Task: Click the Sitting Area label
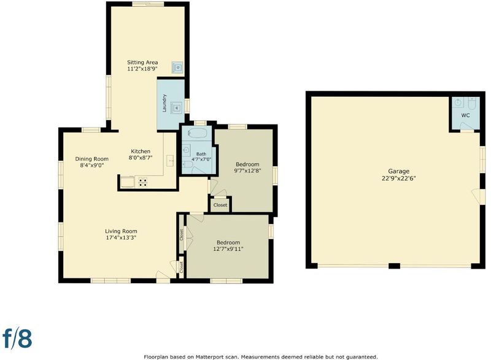tap(142, 62)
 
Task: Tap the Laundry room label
tap(164, 103)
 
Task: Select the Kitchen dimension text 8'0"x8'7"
tap(141, 158)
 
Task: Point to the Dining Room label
tap(91, 159)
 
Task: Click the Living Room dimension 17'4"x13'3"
tap(121, 238)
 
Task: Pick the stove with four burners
tap(143, 182)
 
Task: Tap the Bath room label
tap(201, 154)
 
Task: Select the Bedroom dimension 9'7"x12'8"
tap(247, 170)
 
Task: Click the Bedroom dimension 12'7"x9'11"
tap(228, 249)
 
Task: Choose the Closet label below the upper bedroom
tap(220, 205)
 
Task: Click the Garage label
tap(398, 171)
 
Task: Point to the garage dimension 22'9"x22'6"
tap(398, 178)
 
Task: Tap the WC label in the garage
tap(465, 115)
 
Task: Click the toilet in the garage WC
tap(472, 102)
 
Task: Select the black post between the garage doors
tap(395, 266)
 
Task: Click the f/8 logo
tap(18, 338)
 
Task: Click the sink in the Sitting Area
tap(177, 67)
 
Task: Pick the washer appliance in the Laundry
tap(176, 108)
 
